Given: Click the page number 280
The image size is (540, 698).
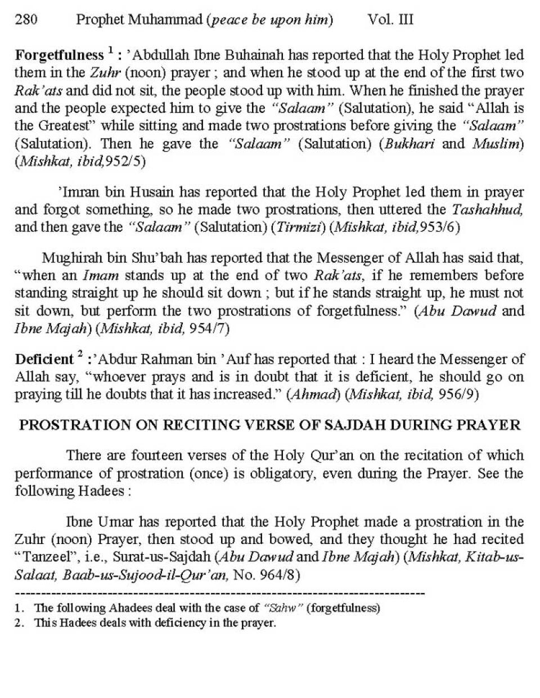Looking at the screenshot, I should tap(26, 20).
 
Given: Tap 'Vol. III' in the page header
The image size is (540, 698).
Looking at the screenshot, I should tap(390, 20).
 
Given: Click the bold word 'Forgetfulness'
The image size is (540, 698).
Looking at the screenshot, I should tap(59, 56).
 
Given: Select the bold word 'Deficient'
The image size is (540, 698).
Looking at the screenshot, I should tap(44, 360).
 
